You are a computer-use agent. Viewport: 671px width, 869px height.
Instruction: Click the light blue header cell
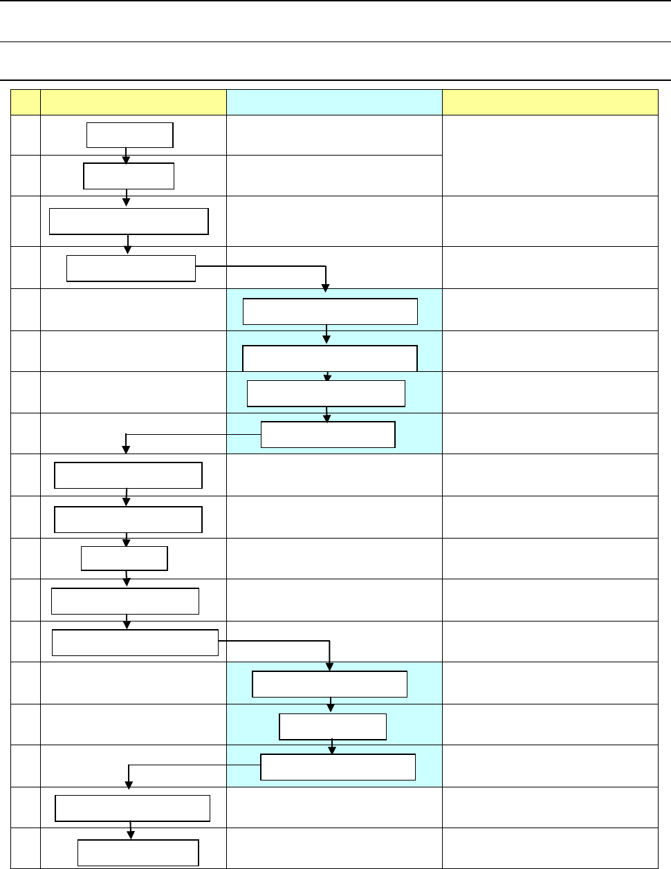tap(334, 102)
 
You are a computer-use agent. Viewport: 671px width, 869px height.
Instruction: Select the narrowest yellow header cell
tap(26, 102)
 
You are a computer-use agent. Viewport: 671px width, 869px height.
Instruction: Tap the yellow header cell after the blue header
tap(550, 102)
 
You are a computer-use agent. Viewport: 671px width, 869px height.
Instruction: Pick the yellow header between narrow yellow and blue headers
tap(134, 102)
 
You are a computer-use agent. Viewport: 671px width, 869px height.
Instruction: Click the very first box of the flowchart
tap(129, 135)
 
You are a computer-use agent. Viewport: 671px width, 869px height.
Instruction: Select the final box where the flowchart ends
tap(138, 852)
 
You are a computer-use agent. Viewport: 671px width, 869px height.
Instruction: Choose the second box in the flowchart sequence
tap(128, 176)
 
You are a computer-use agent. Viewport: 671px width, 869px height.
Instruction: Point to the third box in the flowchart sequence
tap(129, 222)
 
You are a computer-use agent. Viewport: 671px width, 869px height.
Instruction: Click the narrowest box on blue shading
tap(332, 727)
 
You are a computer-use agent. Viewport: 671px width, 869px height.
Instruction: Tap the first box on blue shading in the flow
tap(330, 311)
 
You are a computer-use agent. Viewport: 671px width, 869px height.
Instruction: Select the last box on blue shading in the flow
tap(338, 767)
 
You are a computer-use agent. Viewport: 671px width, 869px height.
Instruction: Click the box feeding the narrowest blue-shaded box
tap(329, 684)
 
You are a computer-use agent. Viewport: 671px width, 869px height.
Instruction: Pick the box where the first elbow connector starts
tap(131, 268)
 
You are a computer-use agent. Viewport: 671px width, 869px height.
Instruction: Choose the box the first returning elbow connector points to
tap(128, 475)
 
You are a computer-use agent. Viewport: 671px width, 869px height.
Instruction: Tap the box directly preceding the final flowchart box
tap(132, 807)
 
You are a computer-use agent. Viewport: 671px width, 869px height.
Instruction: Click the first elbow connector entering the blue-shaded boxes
tap(277, 265)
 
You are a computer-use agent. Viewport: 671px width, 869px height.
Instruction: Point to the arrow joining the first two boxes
tap(126, 156)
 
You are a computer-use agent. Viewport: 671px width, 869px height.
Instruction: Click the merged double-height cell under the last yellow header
tap(550, 156)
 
